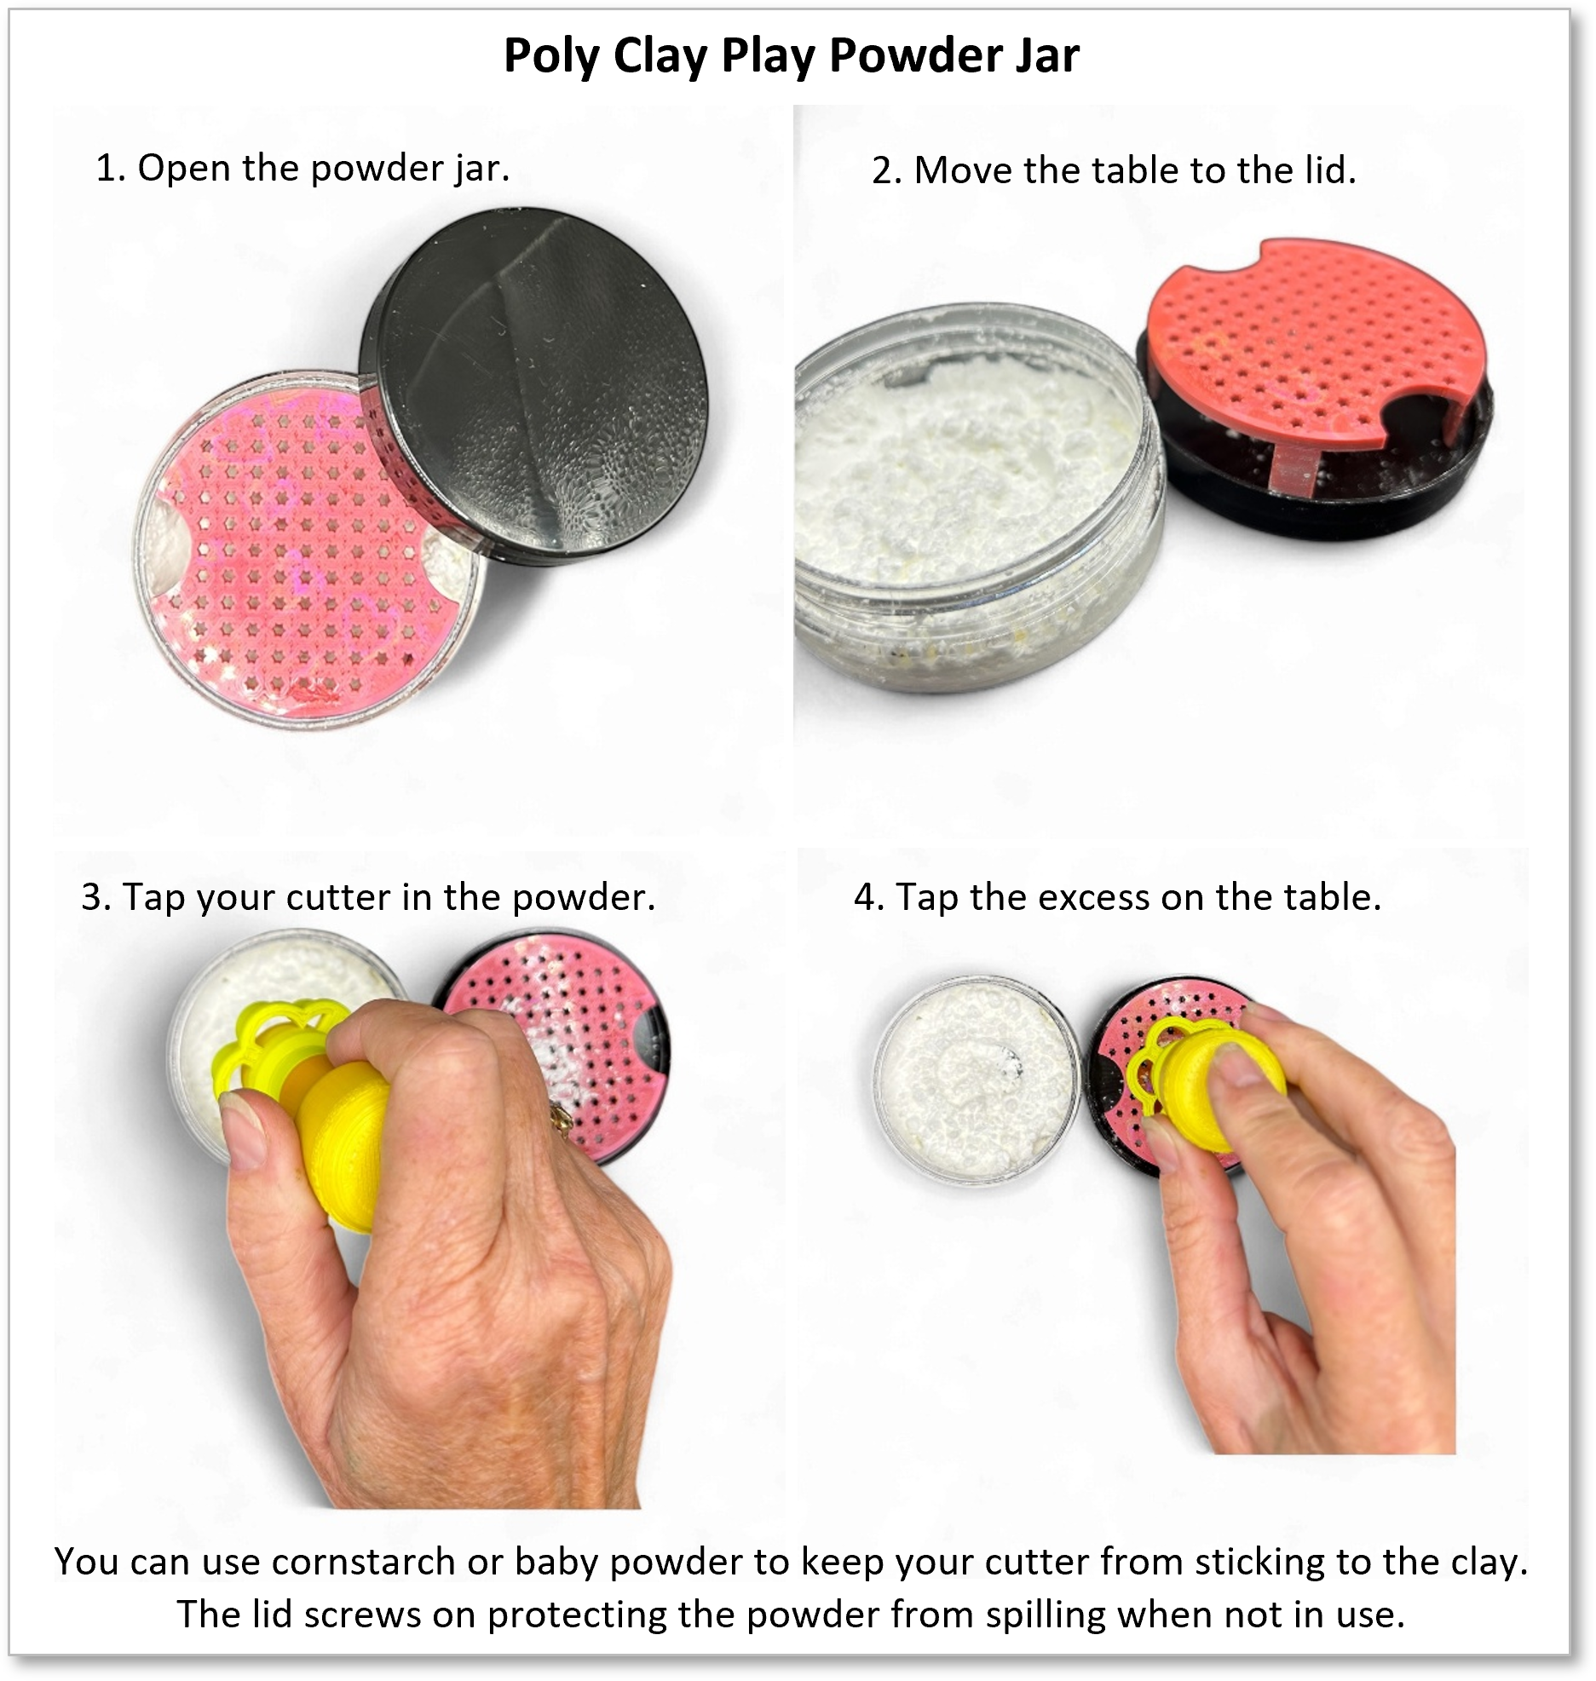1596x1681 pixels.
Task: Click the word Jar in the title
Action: pos(1047,55)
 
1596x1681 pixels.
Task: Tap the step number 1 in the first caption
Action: pos(106,168)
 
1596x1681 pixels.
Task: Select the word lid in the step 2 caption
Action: pos(1328,170)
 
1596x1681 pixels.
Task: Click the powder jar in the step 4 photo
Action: pos(977,1079)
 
